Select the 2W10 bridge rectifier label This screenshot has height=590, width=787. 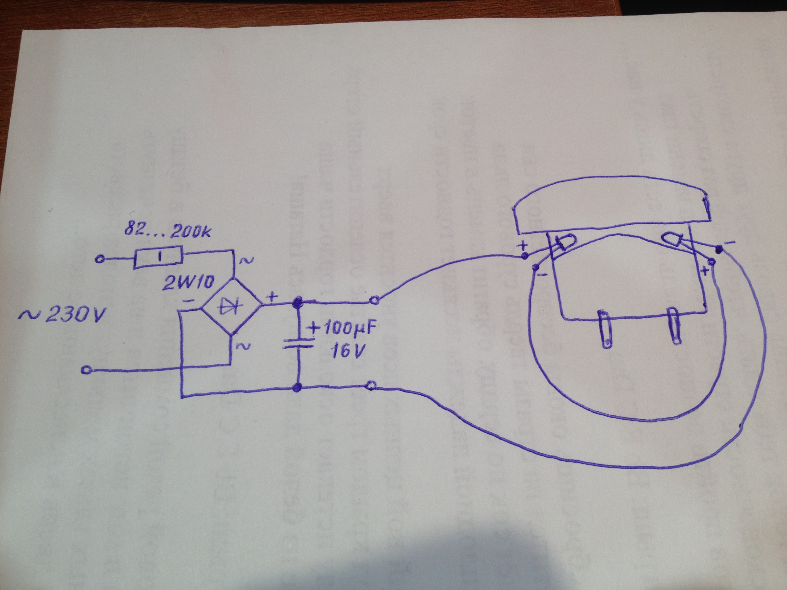pos(188,283)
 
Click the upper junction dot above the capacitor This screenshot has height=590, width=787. pos(297,303)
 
